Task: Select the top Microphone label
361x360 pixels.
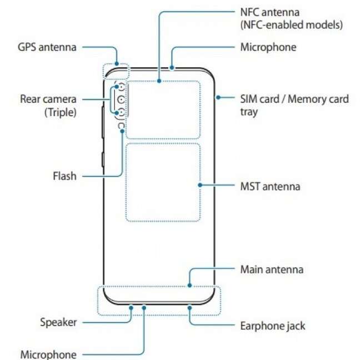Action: pos(268,47)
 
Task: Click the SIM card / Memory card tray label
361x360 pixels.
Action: pos(294,99)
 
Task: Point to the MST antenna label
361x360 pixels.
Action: pos(270,186)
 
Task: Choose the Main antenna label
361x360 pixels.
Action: pos(272,269)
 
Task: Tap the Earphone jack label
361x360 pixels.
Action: pos(273,325)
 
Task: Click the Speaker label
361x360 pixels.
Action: pos(58,322)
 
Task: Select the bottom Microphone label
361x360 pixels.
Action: pos(48,354)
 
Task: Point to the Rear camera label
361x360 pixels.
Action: pos(48,99)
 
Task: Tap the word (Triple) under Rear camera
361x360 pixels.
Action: pos(60,112)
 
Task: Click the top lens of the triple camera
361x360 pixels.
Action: pos(121,89)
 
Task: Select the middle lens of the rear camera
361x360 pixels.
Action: pos(121,101)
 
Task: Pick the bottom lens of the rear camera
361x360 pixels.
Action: pos(121,113)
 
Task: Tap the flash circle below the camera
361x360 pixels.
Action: pos(121,126)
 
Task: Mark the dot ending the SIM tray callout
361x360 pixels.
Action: pos(217,98)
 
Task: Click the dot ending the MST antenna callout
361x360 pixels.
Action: pos(199,186)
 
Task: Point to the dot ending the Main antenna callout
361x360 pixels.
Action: pos(190,286)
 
